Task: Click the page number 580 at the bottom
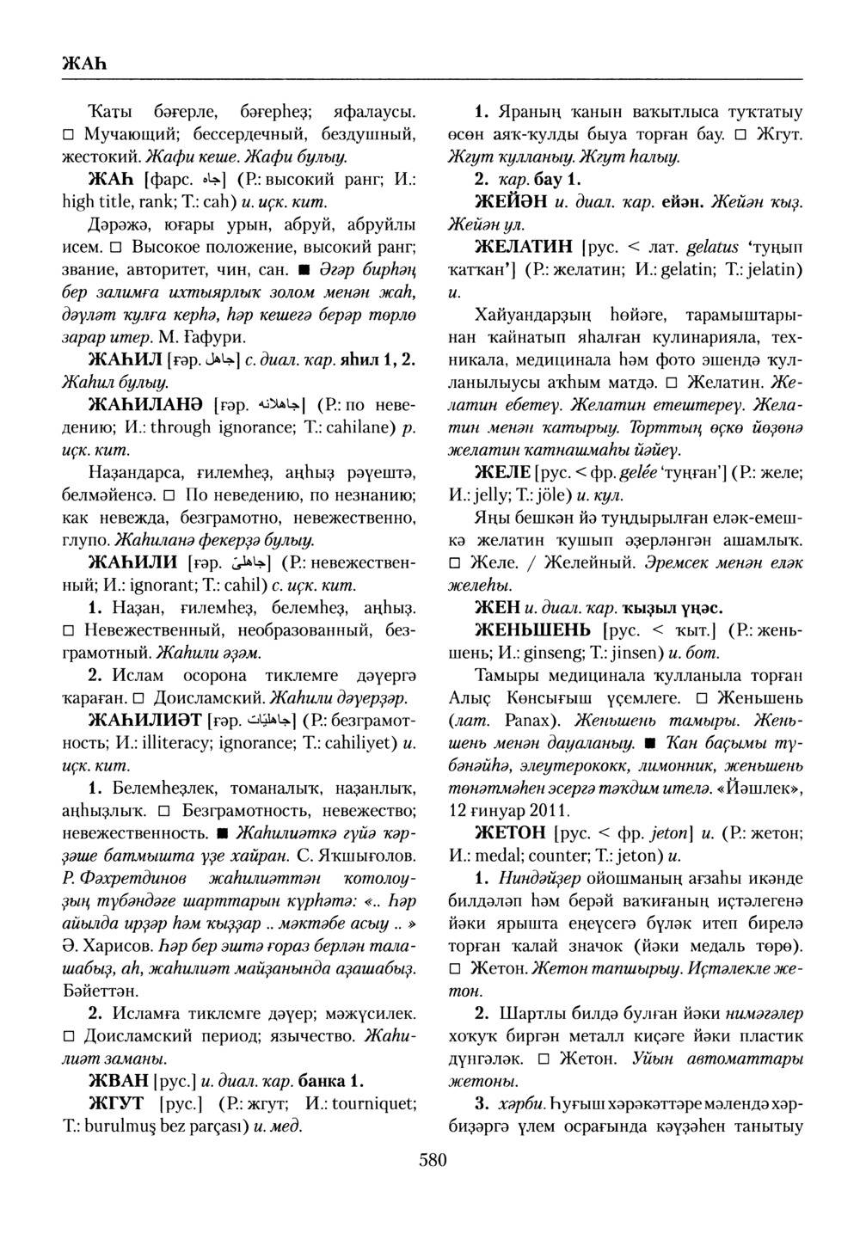(433, 1161)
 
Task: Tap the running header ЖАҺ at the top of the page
(83, 64)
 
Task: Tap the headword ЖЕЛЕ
(501, 472)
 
